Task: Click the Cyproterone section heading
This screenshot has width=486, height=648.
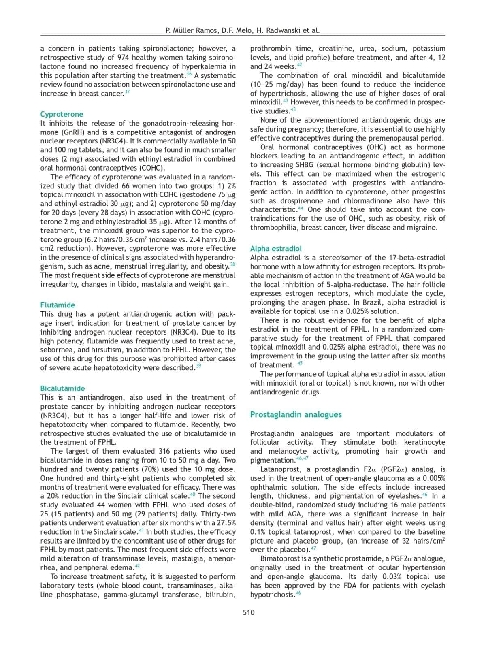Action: (62, 114)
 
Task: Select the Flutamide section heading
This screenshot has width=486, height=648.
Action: (58, 305)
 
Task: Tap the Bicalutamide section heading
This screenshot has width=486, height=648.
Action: (62, 388)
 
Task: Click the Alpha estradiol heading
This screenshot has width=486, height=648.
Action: (276, 249)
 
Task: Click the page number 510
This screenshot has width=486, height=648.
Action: (249, 612)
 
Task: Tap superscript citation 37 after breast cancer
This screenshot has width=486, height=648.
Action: (127, 92)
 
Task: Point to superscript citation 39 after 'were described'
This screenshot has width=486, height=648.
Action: (198, 366)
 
